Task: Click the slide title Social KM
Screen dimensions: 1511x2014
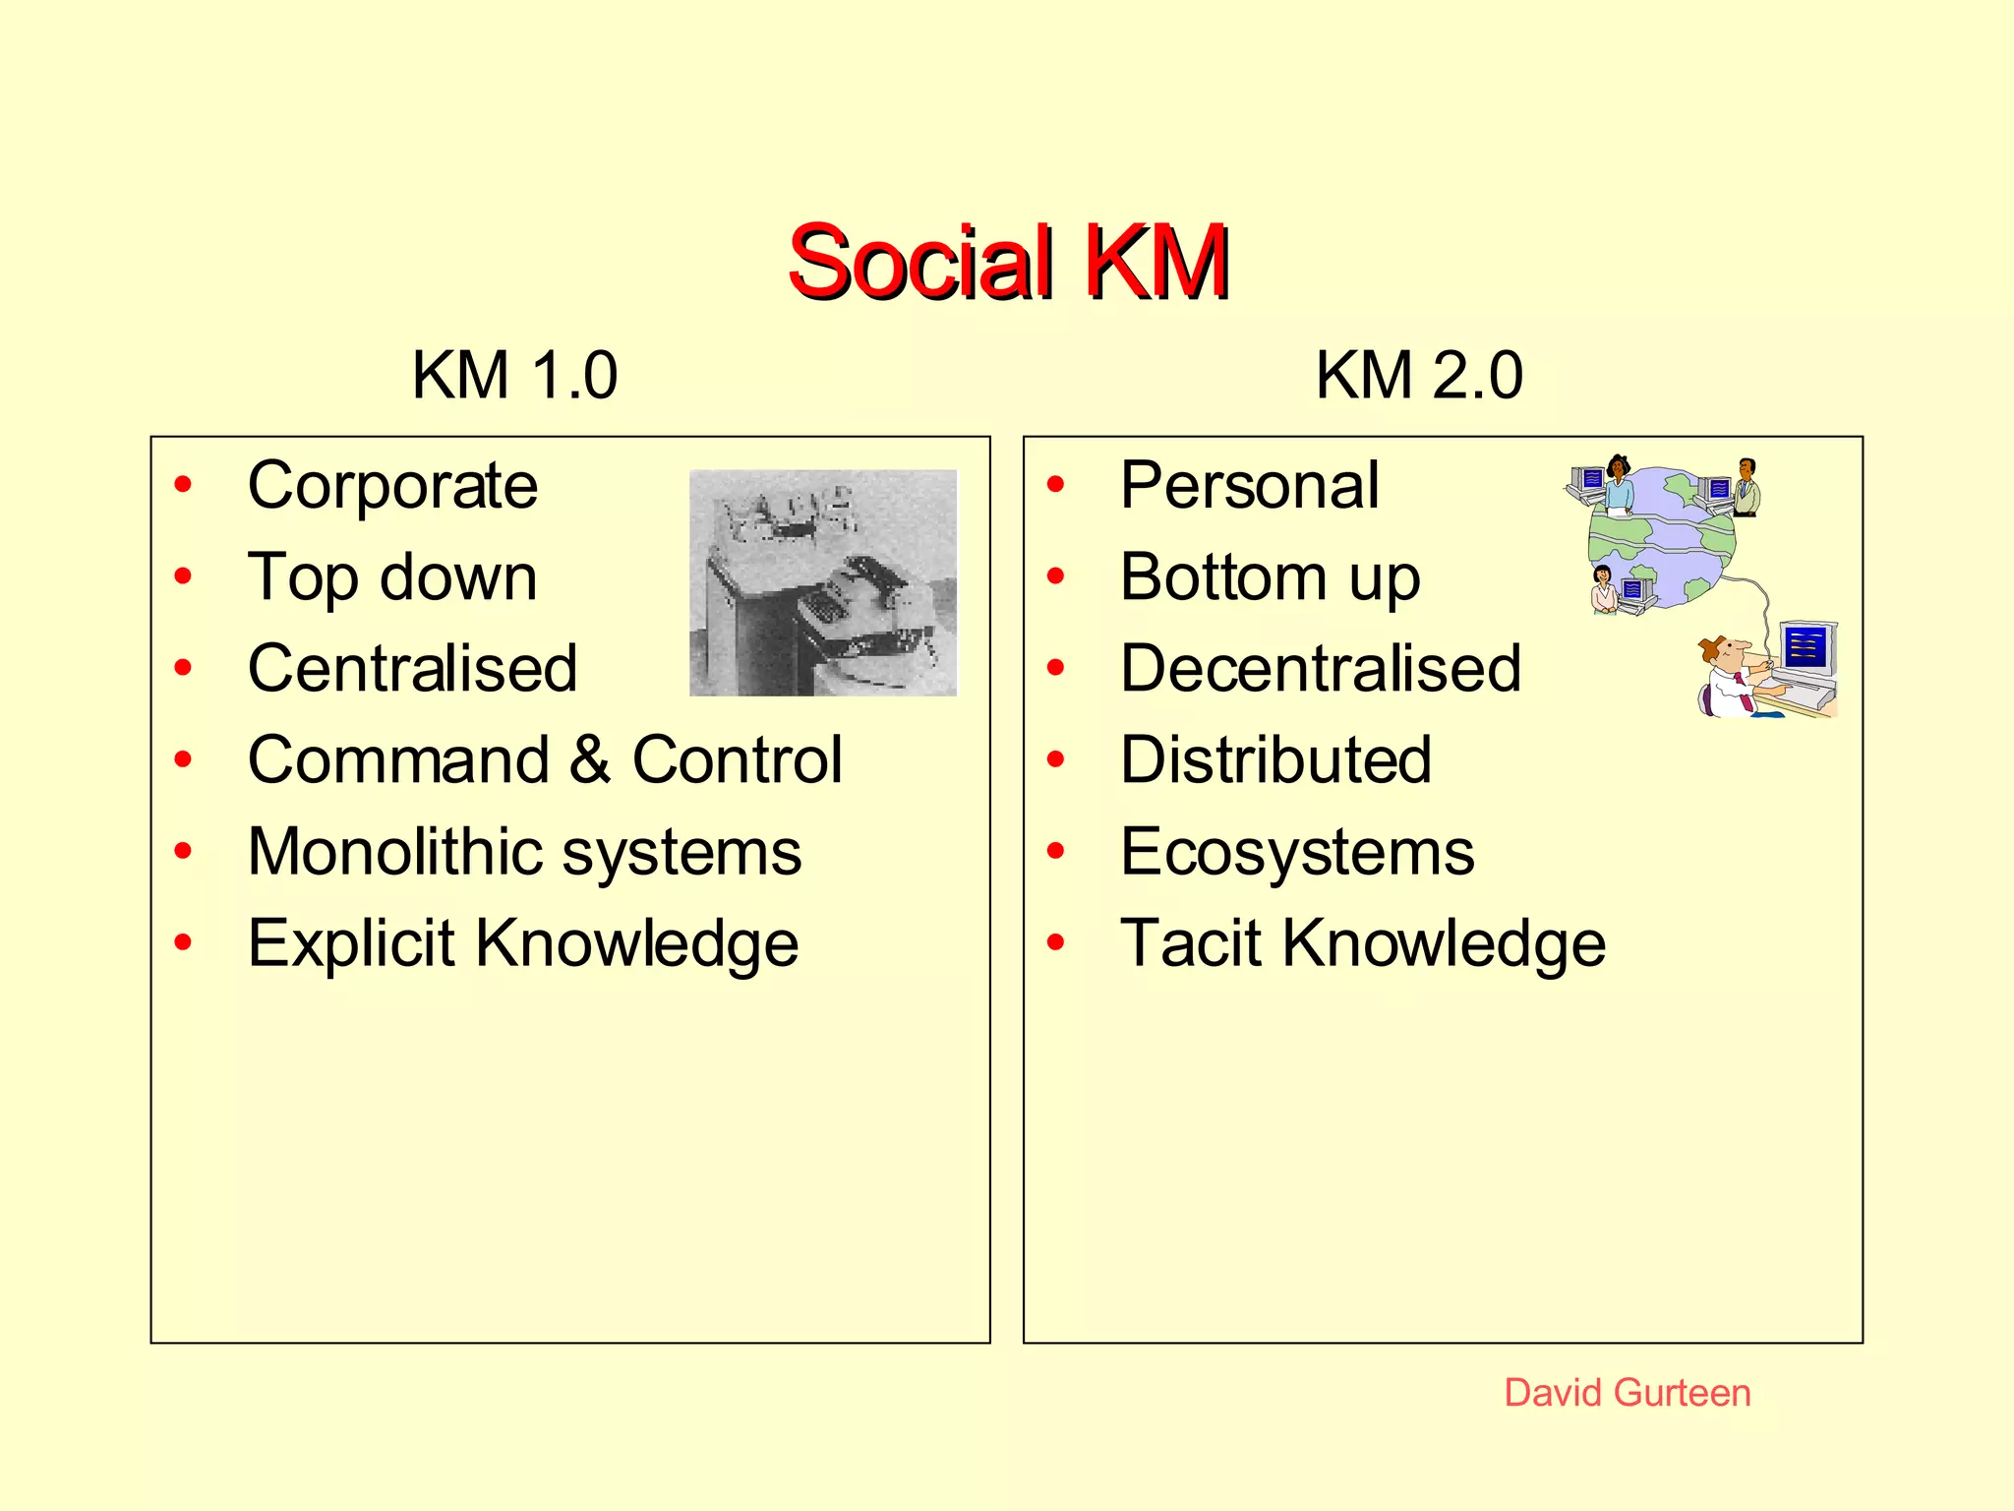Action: pyautogui.click(x=1008, y=262)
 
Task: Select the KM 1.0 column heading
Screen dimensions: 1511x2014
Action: pyautogui.click(x=514, y=376)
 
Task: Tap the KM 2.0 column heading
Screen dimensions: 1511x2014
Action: pyautogui.click(x=1419, y=376)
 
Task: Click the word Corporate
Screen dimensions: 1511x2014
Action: pyautogui.click(x=392, y=486)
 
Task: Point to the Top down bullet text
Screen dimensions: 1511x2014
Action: pyautogui.click(x=392, y=577)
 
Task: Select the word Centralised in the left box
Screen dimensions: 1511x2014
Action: pyautogui.click(x=412, y=669)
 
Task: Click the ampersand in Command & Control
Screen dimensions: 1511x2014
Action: pyautogui.click(x=589, y=760)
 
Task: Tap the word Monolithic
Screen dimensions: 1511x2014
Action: pyautogui.click(x=395, y=852)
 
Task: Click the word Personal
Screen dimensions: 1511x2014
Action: pyautogui.click(x=1250, y=486)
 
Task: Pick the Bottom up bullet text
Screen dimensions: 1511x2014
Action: pyautogui.click(x=1270, y=577)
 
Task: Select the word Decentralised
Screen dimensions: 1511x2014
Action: pyautogui.click(x=1321, y=669)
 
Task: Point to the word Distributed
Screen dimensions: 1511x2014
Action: pyautogui.click(x=1275, y=760)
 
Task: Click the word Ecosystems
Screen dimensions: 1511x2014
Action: pyautogui.click(x=1297, y=852)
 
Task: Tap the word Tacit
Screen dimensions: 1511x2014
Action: pyautogui.click(x=1191, y=943)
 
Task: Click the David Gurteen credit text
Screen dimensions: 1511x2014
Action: pyautogui.click(x=1628, y=1393)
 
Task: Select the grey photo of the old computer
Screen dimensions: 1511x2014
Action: pyautogui.click(x=823, y=582)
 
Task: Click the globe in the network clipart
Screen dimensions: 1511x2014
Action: pyautogui.click(x=1662, y=536)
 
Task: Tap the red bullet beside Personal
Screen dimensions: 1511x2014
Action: pyautogui.click(x=1056, y=485)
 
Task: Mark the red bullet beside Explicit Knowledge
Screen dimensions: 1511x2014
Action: pyautogui.click(x=183, y=942)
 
